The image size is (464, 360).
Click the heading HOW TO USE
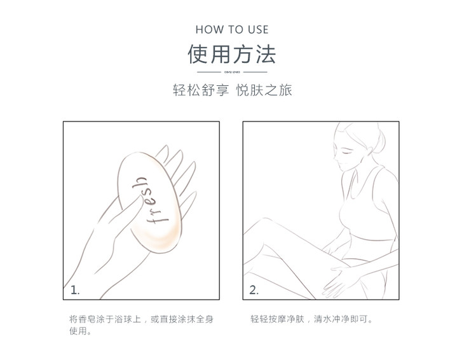(x=232, y=30)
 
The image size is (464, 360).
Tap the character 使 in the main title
(x=198, y=54)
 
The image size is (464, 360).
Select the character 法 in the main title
(x=266, y=54)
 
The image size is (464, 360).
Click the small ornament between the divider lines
(x=232, y=72)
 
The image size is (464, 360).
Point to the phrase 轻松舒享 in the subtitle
(x=201, y=90)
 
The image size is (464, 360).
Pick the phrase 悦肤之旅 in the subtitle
(x=264, y=90)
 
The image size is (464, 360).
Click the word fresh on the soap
(x=150, y=201)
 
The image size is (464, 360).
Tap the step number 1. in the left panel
(x=75, y=290)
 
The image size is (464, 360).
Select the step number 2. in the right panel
(x=254, y=290)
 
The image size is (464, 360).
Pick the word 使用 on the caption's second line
(x=78, y=331)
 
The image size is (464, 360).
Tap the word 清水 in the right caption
(x=322, y=319)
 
